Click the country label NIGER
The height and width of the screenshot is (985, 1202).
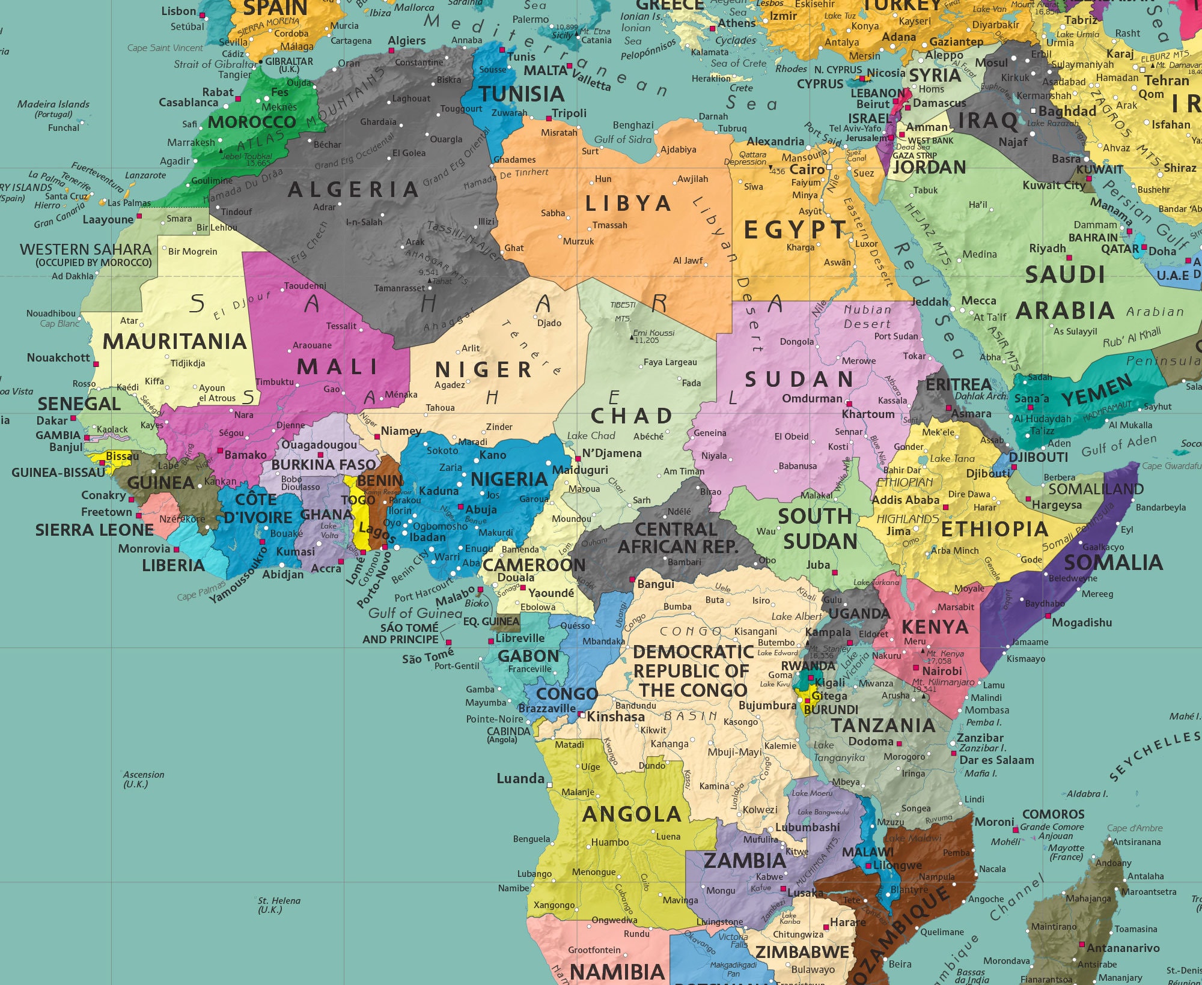coord(484,369)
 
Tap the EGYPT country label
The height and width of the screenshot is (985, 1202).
coord(795,230)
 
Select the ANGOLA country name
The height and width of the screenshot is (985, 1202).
coord(632,814)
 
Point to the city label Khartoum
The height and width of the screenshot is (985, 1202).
coord(868,414)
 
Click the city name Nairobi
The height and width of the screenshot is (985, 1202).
coord(942,671)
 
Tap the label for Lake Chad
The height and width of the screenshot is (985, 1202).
coord(591,436)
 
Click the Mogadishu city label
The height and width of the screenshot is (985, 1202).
coord(1082,623)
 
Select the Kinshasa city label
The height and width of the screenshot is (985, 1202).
coord(615,717)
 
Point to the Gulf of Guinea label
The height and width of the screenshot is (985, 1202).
coord(415,613)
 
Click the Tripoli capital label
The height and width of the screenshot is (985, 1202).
coord(569,114)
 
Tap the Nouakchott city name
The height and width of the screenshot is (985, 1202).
coord(58,358)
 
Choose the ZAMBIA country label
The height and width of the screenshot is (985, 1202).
coord(745,861)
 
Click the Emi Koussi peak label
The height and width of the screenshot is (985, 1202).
coord(654,333)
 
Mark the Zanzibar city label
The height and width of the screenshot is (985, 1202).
coord(980,738)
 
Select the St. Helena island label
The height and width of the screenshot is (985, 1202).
coord(279,901)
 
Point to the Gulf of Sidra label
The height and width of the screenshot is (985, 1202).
coord(623,139)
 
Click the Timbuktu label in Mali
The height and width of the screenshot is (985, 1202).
coord(274,382)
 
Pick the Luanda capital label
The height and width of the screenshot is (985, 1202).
coord(520,779)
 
